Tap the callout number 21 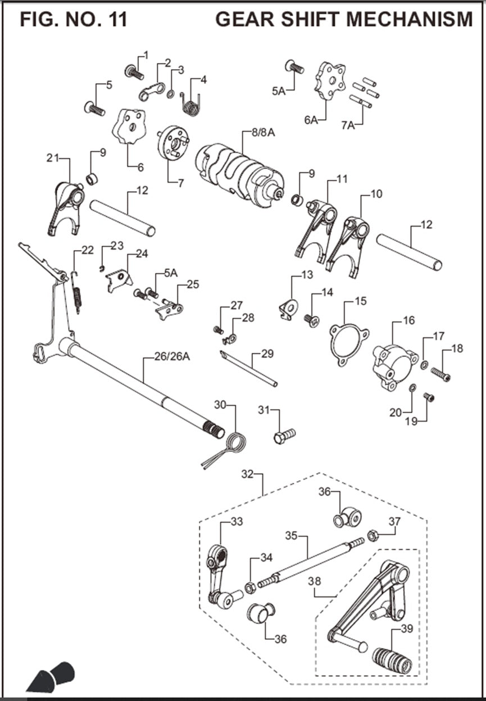click(53, 159)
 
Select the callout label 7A click(348, 125)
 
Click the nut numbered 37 click(372, 533)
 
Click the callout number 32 click(247, 474)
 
